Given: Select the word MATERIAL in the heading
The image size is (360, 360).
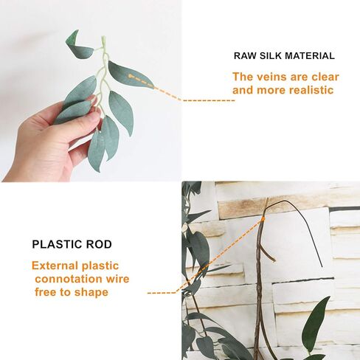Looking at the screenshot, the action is [310, 56].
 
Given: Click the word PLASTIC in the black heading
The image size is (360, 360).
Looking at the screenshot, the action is [57, 244].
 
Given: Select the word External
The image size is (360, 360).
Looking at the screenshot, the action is [55, 266].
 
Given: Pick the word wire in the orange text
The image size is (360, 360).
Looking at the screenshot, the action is [117, 279].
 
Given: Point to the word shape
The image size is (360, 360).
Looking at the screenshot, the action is [91, 293].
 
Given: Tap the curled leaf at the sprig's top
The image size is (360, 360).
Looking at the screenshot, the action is [79, 46].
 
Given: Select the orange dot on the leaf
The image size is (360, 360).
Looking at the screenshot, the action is [131, 76].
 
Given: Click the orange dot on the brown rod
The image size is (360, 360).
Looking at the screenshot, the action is [263, 218].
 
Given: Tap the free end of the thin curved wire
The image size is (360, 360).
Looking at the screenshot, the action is [322, 266].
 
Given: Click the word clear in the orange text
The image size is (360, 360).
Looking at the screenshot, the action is [325, 77].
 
